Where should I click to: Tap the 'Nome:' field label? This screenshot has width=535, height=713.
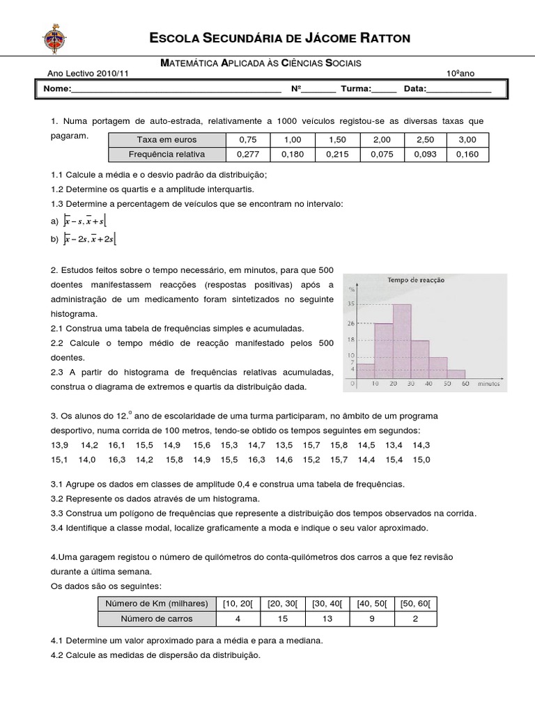(57, 89)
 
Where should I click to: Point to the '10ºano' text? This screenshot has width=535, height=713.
(460, 74)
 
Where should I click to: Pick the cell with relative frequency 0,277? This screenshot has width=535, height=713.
(248, 155)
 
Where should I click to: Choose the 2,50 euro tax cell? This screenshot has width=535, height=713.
(425, 140)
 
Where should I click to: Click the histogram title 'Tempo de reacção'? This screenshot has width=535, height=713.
(416, 280)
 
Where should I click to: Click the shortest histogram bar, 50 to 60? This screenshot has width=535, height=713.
(456, 373)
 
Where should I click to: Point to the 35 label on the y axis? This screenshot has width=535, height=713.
(350, 304)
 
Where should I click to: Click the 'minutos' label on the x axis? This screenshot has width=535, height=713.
(491, 384)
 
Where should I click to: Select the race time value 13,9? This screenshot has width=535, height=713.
(60, 445)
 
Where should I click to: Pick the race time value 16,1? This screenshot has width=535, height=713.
(116, 445)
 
